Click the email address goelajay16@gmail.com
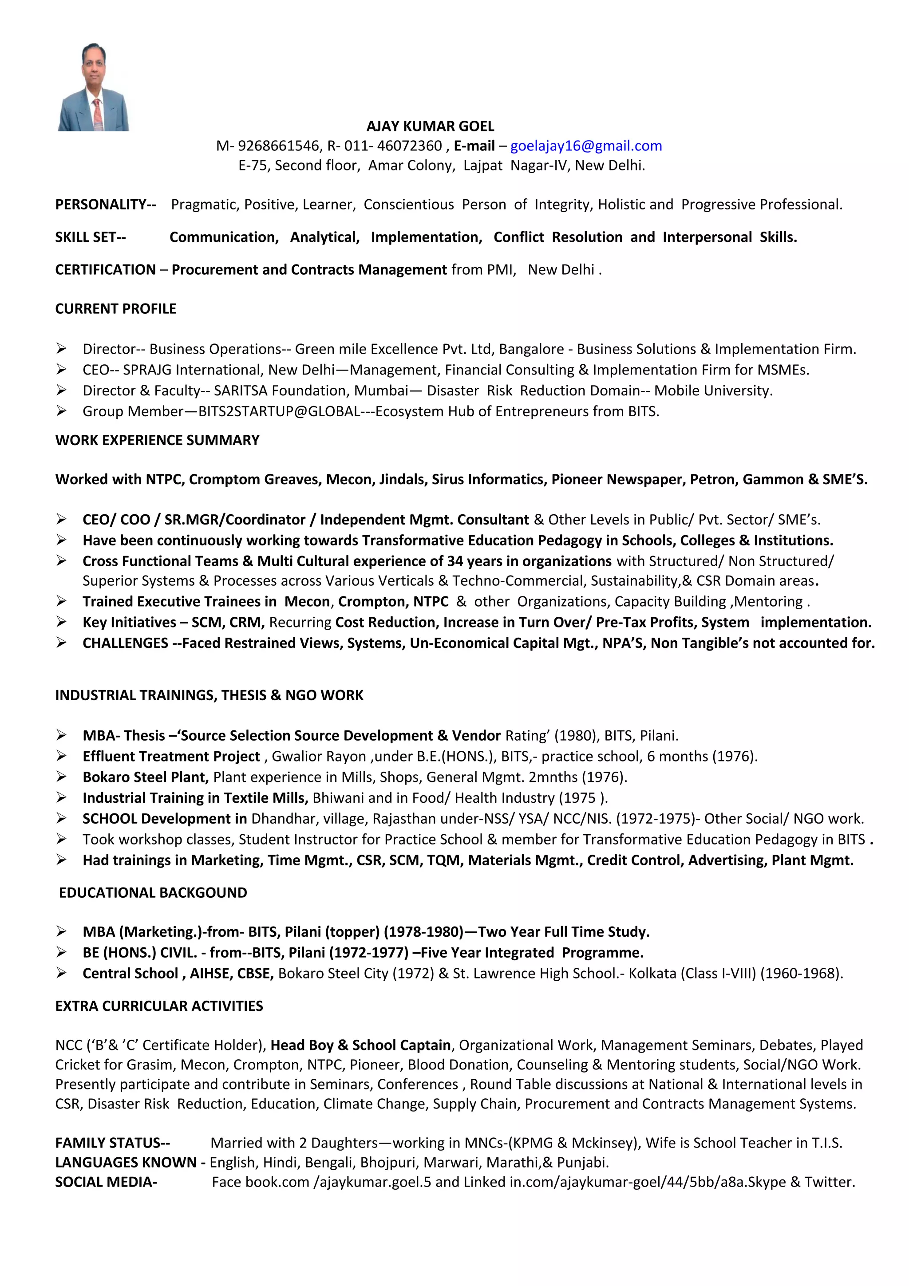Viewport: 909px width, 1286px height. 586,146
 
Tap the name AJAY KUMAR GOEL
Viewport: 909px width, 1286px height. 430,126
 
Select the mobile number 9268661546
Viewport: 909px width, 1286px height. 278,146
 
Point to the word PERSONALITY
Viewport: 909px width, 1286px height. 101,205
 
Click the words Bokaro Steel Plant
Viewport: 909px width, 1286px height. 146,777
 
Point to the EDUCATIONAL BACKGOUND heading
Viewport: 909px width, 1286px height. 153,893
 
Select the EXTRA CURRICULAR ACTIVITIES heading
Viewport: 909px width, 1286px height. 159,1006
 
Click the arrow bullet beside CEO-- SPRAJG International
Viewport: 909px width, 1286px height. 62,370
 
